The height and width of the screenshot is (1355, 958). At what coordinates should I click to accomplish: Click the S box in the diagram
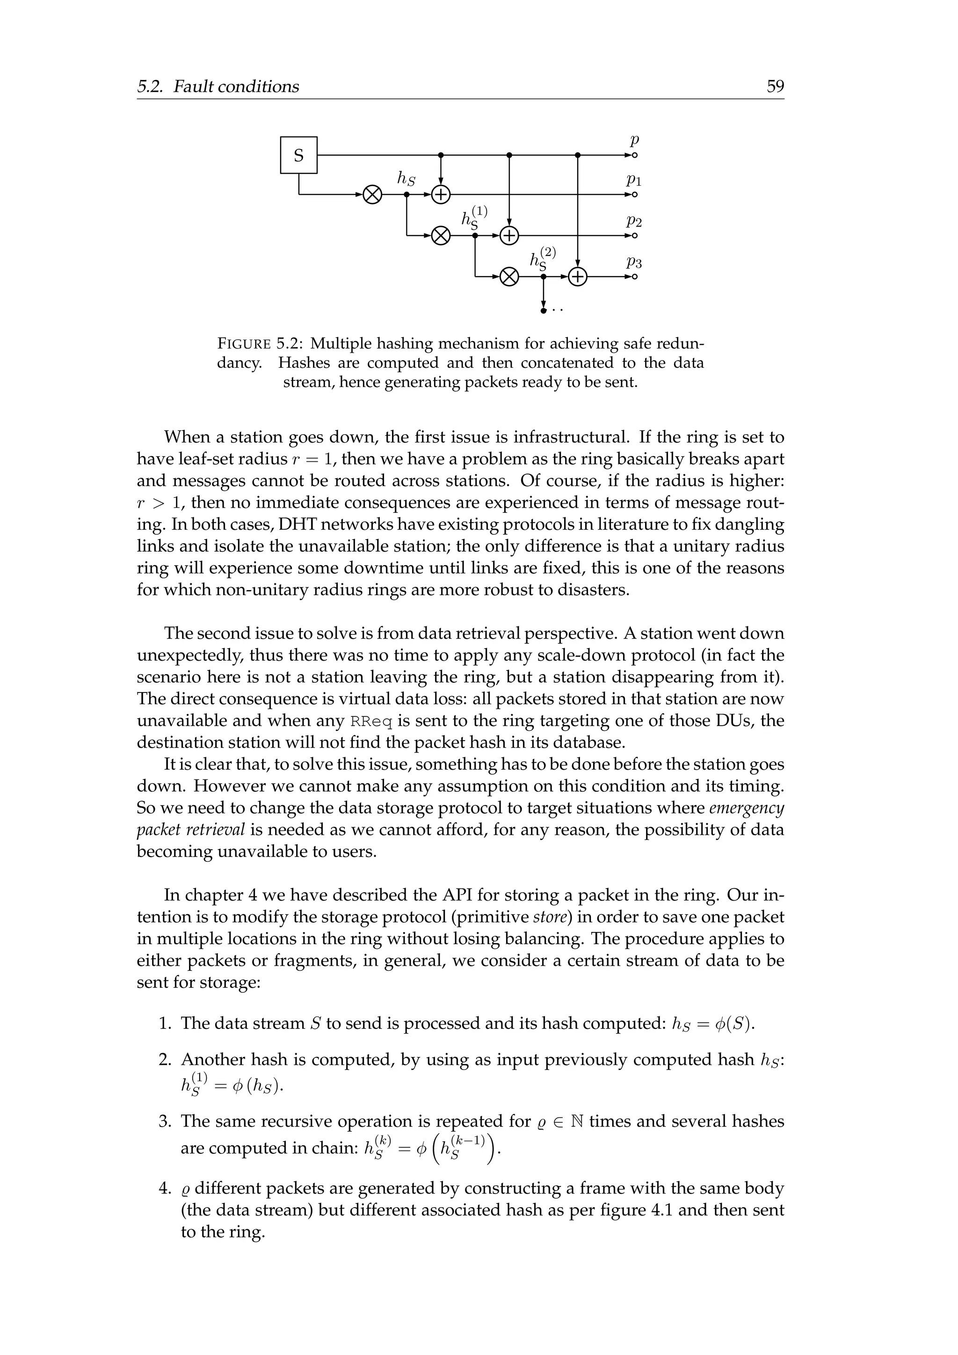298,155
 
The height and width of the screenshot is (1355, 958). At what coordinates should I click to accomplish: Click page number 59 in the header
775,87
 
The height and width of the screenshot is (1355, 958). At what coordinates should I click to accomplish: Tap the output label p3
634,262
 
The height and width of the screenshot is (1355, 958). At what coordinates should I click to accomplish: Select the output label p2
634,221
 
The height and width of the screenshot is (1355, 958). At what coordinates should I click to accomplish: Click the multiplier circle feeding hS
372,194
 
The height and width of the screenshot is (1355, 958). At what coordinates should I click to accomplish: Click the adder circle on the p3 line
578,277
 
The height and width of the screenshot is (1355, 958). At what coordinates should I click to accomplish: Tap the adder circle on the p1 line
441,194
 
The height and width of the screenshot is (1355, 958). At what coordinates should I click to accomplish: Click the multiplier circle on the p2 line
441,235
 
